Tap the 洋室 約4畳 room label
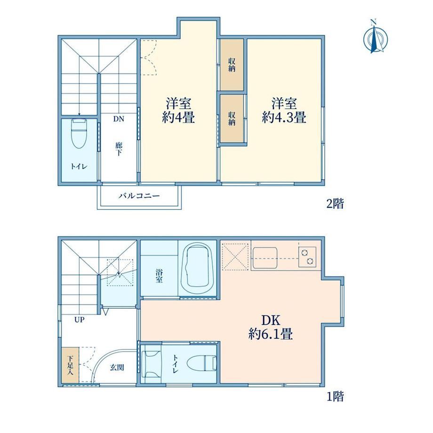178,110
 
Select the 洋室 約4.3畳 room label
284,110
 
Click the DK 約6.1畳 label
271,327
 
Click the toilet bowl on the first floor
201,362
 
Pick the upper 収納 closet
232,64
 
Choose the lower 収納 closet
232,119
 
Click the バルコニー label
139,196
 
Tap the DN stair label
119,119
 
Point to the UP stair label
79,320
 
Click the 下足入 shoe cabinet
70,365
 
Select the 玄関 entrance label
117,367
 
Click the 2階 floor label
335,204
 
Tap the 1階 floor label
335,397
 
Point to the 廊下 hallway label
119,149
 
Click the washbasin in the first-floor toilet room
151,364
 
